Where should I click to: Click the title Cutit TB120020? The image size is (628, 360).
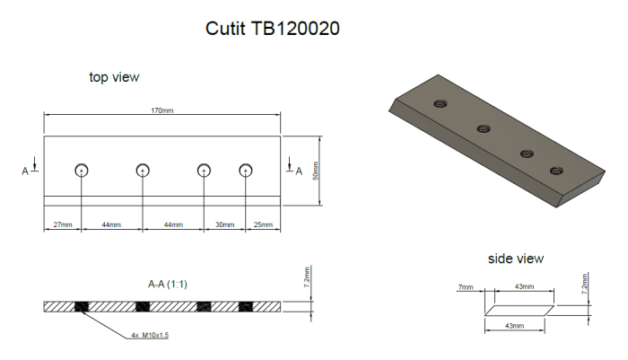pyautogui.click(x=273, y=29)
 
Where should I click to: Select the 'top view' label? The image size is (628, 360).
pyautogui.click(x=114, y=77)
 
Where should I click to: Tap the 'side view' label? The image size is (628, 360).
pyautogui.click(x=515, y=259)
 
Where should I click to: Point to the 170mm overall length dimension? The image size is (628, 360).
pyautogui.click(x=161, y=111)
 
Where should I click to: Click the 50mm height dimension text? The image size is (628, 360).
pyautogui.click(x=315, y=171)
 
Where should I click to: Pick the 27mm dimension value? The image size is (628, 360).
pyautogui.click(x=62, y=224)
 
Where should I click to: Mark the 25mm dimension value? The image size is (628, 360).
pyautogui.click(x=263, y=224)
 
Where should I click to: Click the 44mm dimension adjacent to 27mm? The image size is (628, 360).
pyautogui.click(x=111, y=224)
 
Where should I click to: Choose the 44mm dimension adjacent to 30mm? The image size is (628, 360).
pyautogui.click(x=172, y=224)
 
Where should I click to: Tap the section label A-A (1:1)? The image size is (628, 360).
pyautogui.click(x=167, y=284)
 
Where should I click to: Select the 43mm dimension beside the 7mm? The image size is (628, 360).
pyautogui.click(x=524, y=287)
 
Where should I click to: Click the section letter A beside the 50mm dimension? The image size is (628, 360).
pyautogui.click(x=287, y=169)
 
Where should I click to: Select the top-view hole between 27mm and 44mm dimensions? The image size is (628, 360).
pyautogui.click(x=82, y=171)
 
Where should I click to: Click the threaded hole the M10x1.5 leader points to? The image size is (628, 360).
pyautogui.click(x=83, y=307)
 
